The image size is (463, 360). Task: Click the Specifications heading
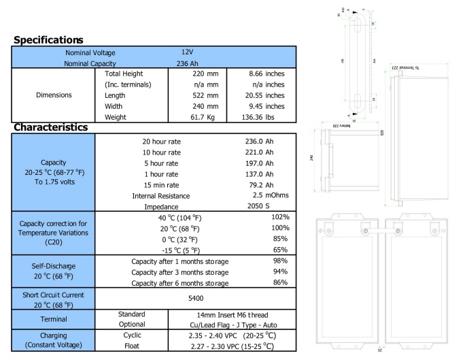tap(48, 40)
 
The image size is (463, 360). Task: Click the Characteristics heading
tap(51, 127)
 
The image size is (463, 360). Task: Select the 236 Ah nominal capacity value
tap(182, 63)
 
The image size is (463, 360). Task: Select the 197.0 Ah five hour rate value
tap(258, 163)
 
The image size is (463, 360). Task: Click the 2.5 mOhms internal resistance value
tap(271, 195)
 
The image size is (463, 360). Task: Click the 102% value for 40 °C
tap(279, 217)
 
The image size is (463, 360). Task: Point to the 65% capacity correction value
tap(281, 250)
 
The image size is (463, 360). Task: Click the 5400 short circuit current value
tap(195, 298)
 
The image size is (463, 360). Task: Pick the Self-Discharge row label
tap(53, 267)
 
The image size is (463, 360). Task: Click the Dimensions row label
tap(54, 95)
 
